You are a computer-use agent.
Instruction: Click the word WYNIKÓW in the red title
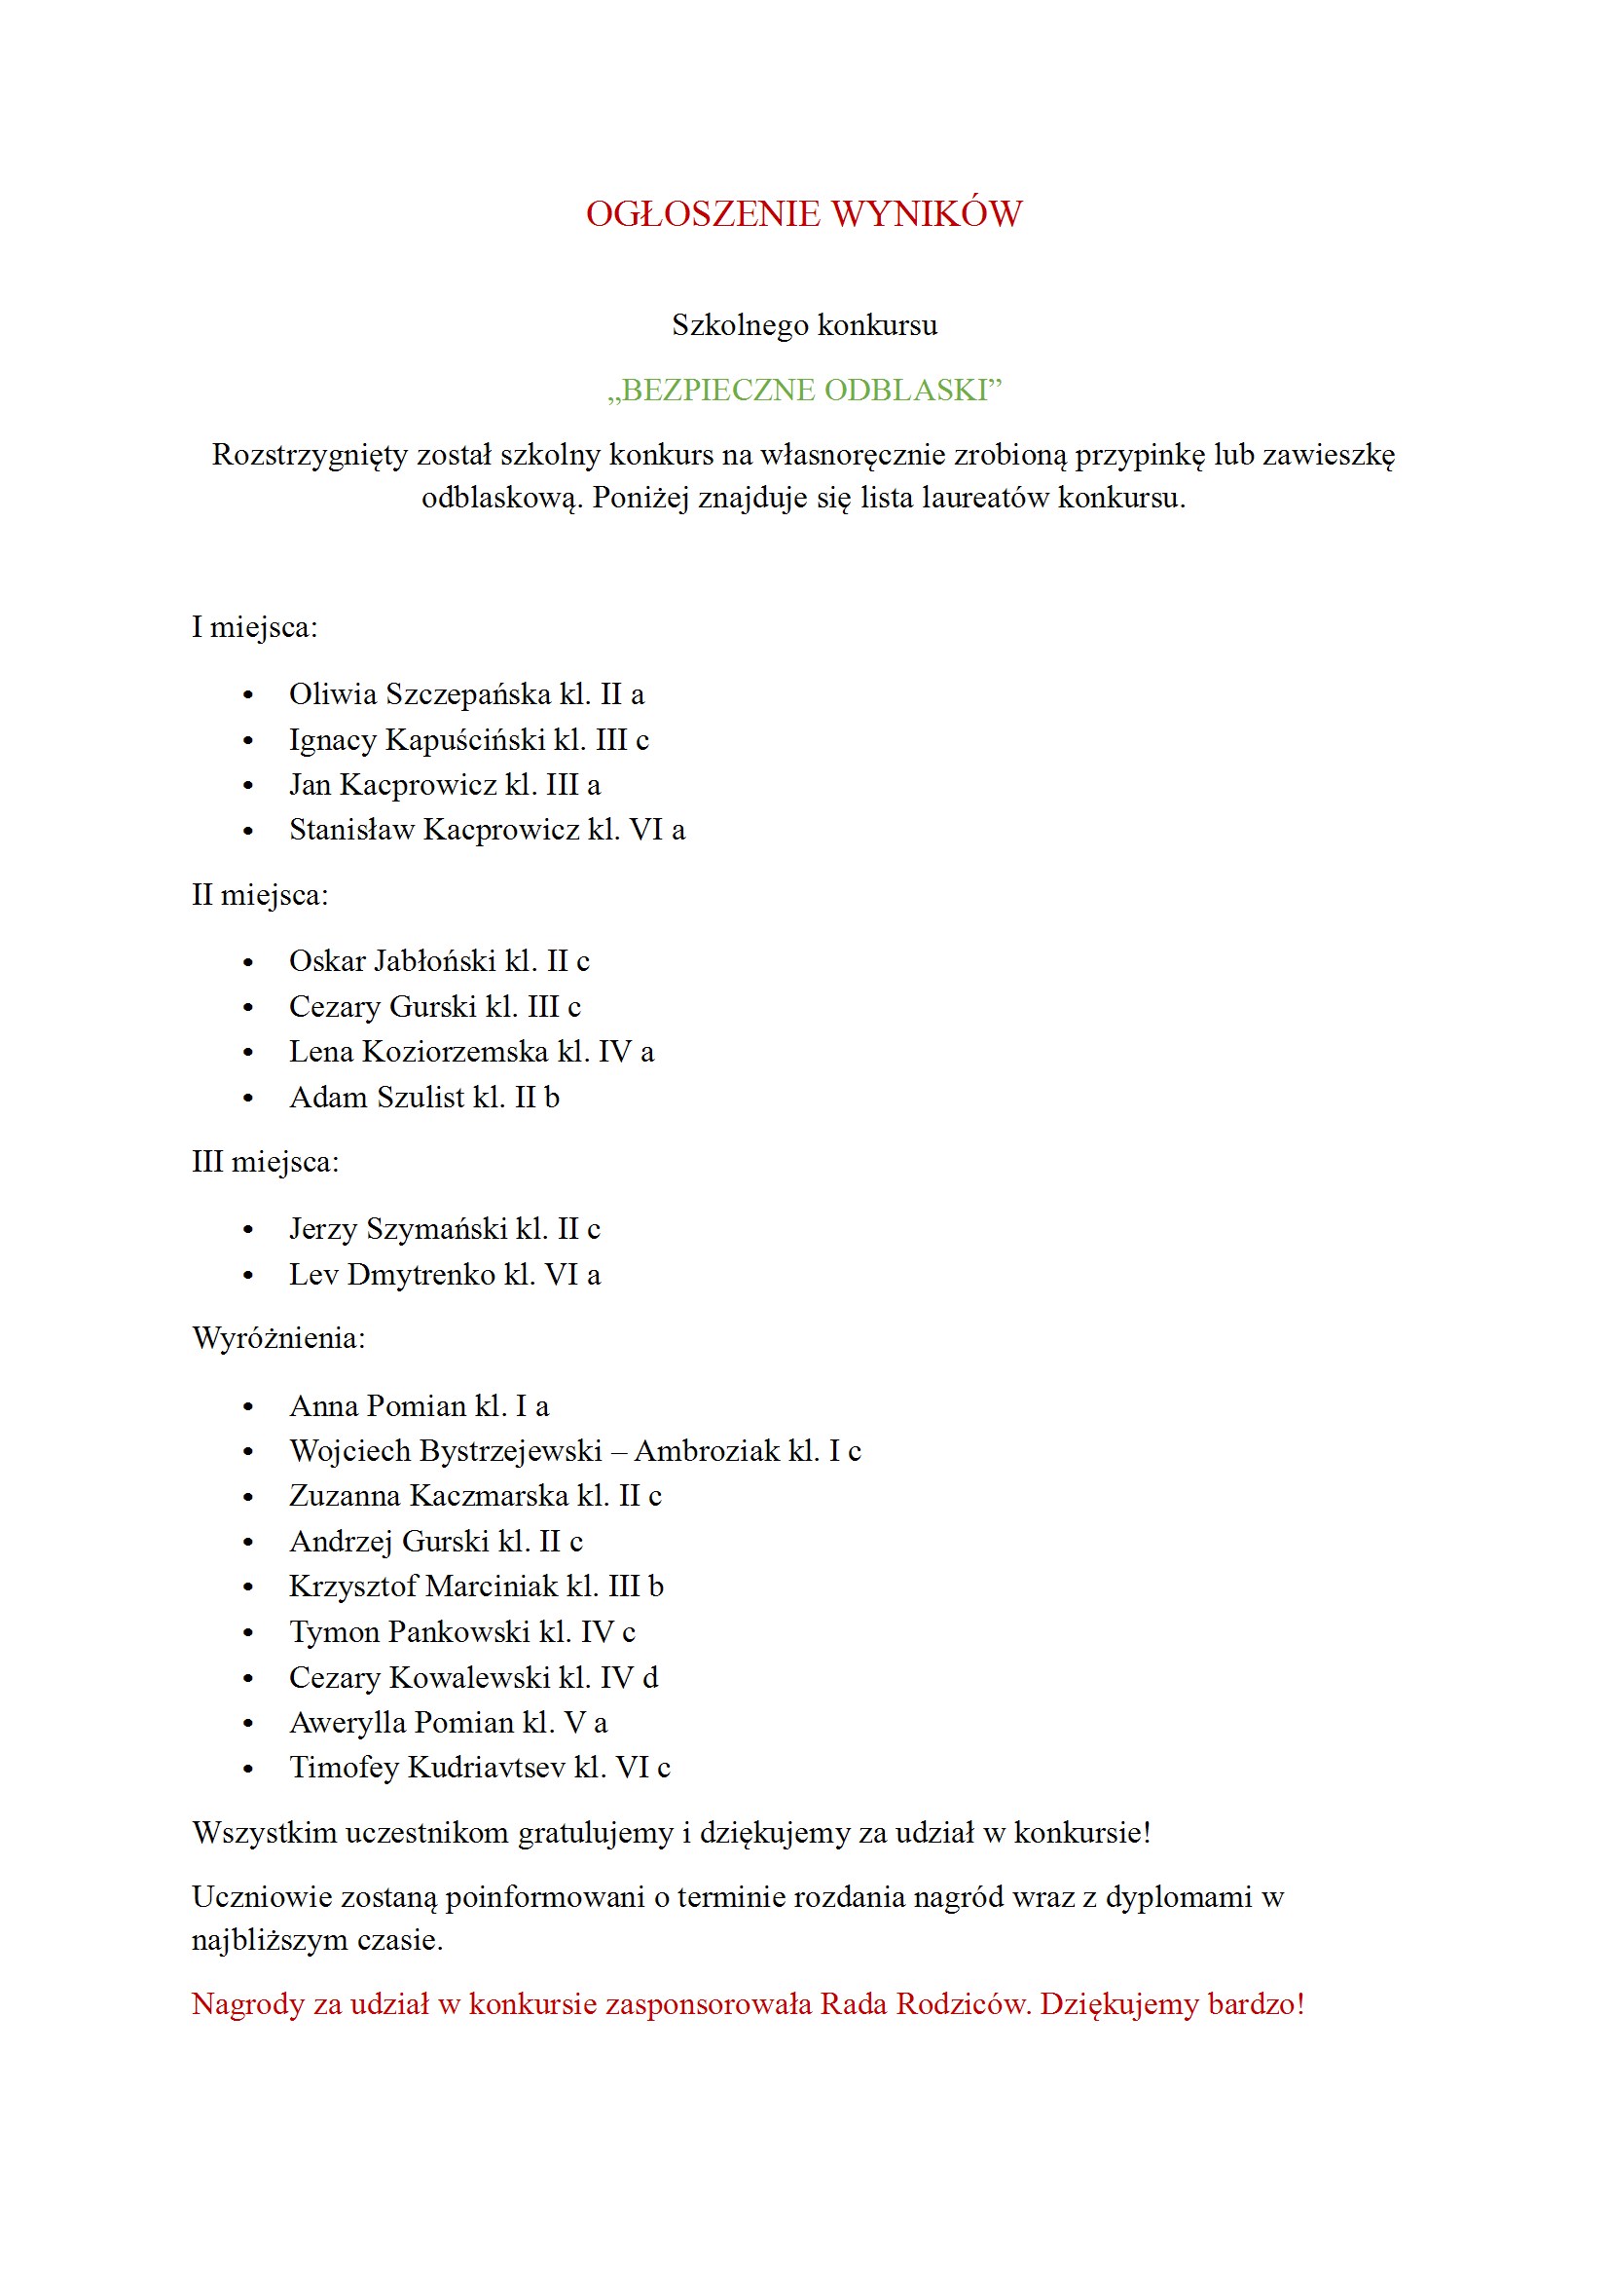click(x=926, y=214)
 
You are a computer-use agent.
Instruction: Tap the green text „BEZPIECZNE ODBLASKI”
click(x=804, y=390)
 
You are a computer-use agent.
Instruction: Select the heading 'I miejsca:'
click(x=255, y=627)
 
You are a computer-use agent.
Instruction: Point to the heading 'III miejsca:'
click(x=265, y=1161)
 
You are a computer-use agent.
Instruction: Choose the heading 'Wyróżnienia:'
click(x=278, y=1339)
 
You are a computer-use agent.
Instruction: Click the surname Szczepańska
click(x=468, y=694)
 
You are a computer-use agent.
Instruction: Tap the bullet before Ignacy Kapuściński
click(x=248, y=741)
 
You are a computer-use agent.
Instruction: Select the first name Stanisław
click(x=352, y=829)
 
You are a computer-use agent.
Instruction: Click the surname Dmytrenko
click(x=421, y=1275)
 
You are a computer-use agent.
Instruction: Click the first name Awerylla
click(x=347, y=1723)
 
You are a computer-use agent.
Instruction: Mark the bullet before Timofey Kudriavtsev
click(x=248, y=1769)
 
